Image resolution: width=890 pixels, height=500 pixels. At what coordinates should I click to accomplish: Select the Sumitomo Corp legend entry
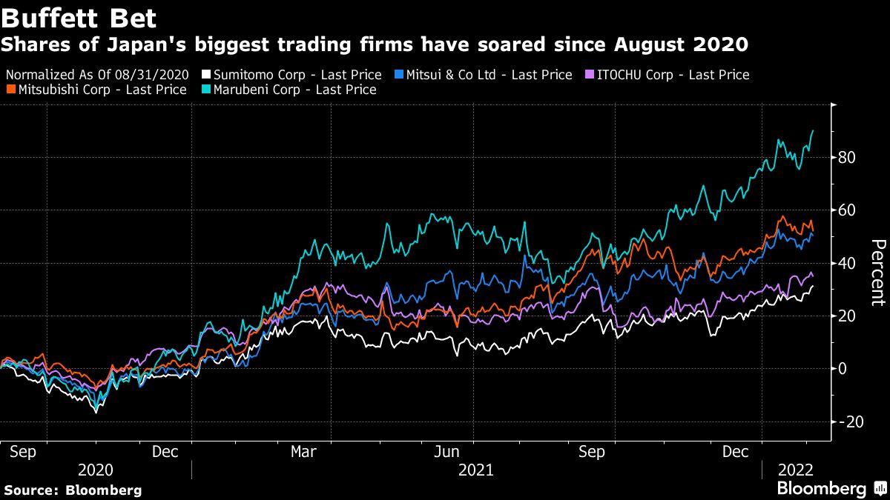coord(295,75)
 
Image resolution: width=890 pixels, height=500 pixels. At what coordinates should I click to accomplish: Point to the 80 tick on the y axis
coord(848,158)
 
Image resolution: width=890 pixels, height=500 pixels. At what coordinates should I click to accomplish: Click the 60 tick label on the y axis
coord(848,210)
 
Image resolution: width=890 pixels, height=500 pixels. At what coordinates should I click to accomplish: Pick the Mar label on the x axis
coord(304,451)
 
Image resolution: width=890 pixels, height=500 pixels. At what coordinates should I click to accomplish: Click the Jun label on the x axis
coord(453,451)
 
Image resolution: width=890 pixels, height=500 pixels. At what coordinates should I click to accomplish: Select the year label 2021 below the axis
coord(476,470)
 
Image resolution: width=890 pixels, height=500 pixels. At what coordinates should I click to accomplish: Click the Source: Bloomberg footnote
coord(72,490)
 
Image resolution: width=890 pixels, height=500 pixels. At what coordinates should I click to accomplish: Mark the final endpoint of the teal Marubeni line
coord(813,130)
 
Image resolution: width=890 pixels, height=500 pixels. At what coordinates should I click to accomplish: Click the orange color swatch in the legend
coord(10,90)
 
